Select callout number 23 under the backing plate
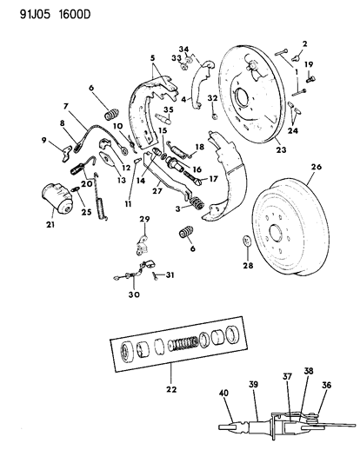click(279, 150)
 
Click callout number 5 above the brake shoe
click(152, 58)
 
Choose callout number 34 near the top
click(183, 49)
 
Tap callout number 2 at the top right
click(305, 43)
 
